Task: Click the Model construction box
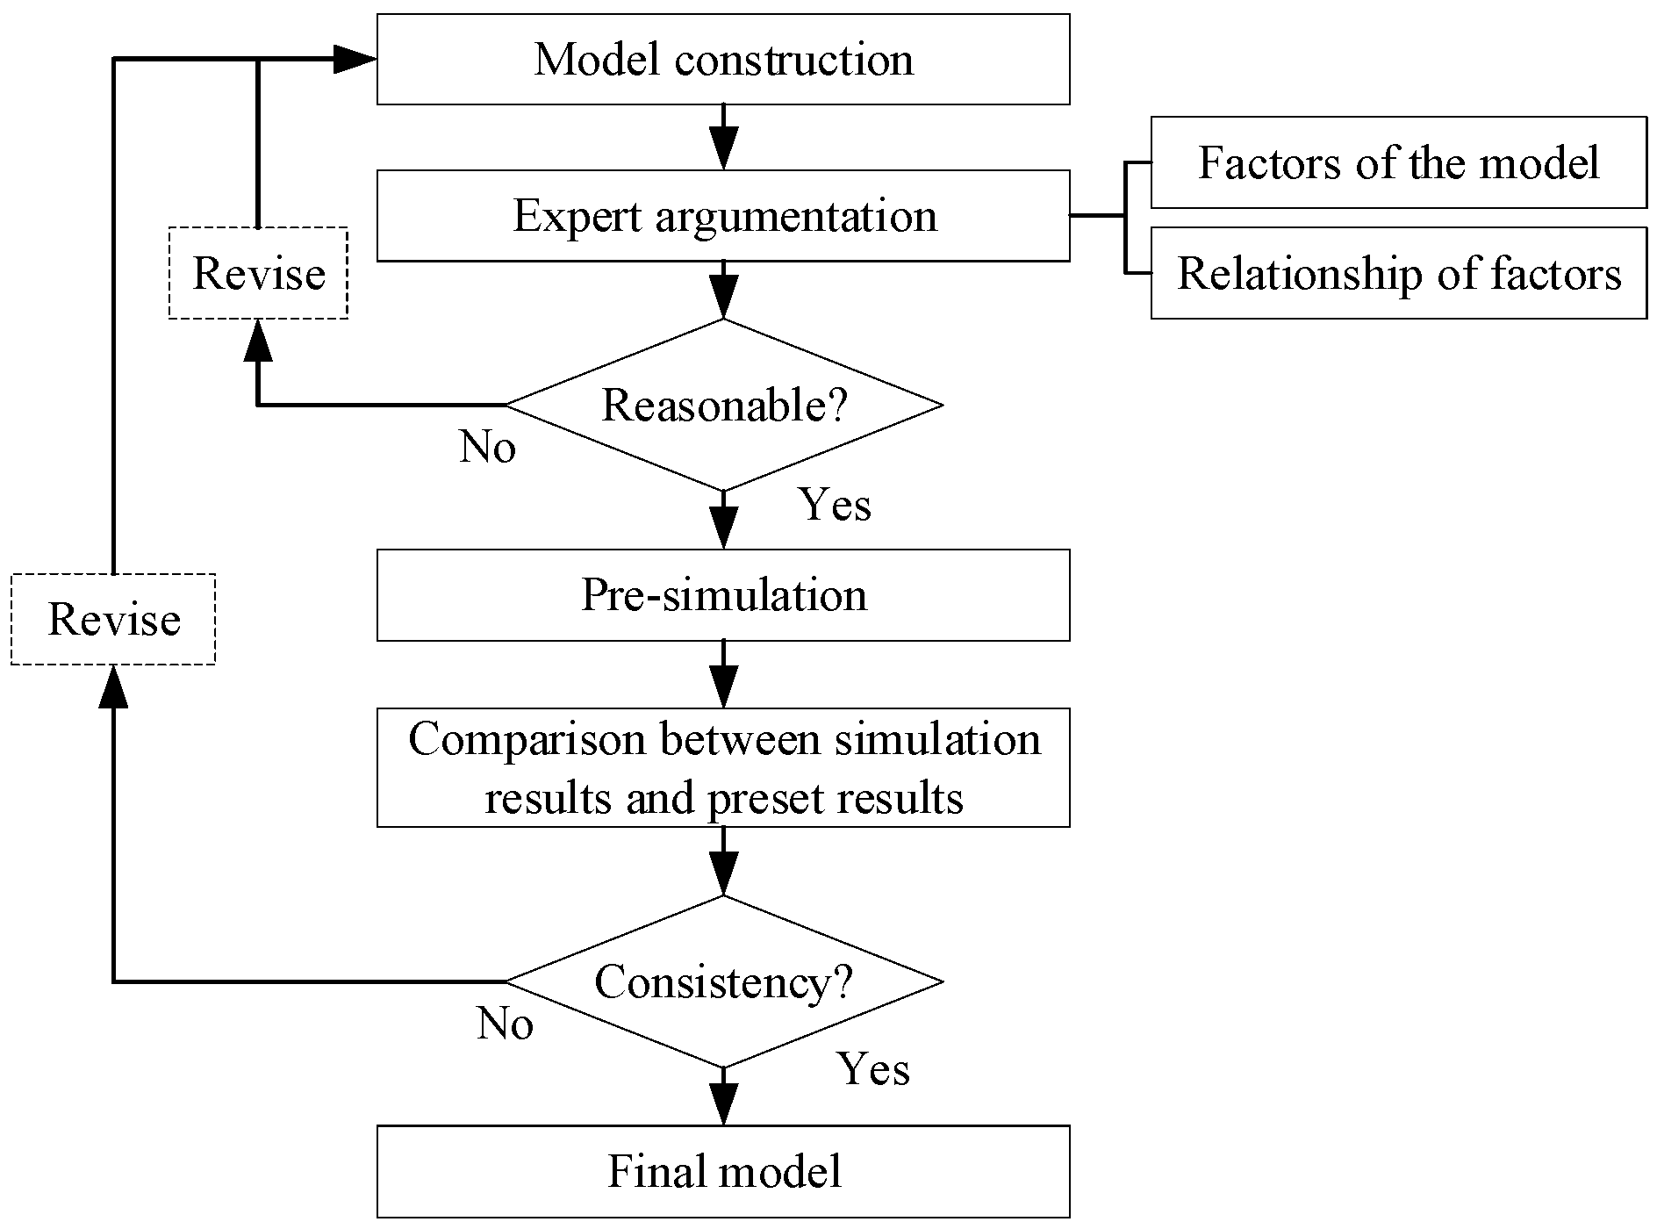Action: [723, 60]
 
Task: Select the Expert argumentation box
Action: [723, 216]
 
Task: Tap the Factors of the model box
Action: [1398, 162]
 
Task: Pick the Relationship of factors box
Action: [1398, 273]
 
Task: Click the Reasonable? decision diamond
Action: [723, 405]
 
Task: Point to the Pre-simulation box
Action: [723, 595]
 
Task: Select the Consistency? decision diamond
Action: [723, 981]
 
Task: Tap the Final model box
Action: [723, 1172]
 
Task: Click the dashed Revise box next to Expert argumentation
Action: [258, 273]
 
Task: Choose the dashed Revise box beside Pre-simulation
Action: [113, 619]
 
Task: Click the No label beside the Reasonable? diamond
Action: [487, 448]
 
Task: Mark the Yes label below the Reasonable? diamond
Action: [835, 505]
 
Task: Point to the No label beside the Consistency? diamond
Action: [505, 1024]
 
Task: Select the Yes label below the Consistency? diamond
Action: [873, 1068]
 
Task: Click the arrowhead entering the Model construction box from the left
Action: [355, 60]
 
